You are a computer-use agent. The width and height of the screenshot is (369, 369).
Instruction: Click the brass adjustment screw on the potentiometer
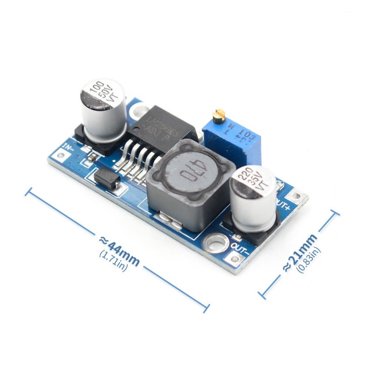coord(220,113)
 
